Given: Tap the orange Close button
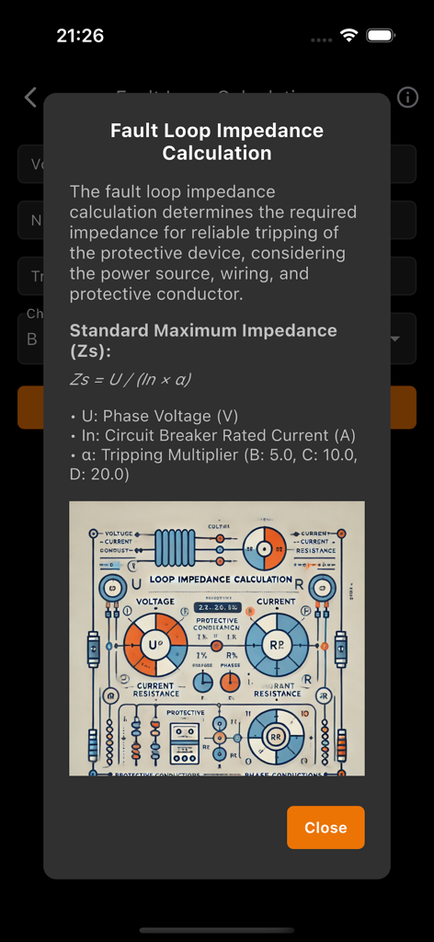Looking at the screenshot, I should [x=325, y=827].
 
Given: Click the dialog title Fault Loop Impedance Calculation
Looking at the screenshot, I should [x=217, y=142].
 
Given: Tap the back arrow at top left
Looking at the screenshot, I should [x=30, y=98].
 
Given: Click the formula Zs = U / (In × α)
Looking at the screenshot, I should [x=131, y=379].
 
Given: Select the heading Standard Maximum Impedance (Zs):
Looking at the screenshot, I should [x=203, y=340].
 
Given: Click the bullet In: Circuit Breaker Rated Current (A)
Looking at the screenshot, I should [x=212, y=435].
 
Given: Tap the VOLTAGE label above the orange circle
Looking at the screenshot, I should [x=154, y=602].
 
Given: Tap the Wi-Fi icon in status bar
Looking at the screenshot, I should [x=348, y=36].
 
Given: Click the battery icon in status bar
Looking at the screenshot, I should [x=381, y=36].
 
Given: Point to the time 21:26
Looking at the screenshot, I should [x=80, y=36].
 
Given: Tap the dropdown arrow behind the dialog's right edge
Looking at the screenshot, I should [x=396, y=339].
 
